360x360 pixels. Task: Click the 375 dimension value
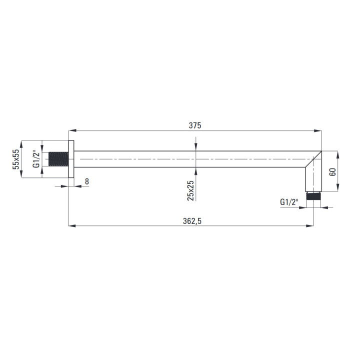point(195,125)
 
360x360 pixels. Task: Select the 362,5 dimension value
point(192,221)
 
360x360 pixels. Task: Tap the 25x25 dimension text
point(190,190)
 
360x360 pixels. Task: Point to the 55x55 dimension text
point(16,159)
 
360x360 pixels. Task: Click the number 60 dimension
point(332,172)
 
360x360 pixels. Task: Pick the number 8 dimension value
point(87,181)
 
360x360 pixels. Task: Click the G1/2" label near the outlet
point(289,202)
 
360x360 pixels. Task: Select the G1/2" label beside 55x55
point(36,159)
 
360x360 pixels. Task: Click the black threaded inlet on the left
point(58,159)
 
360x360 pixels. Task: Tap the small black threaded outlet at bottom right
point(313,196)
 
